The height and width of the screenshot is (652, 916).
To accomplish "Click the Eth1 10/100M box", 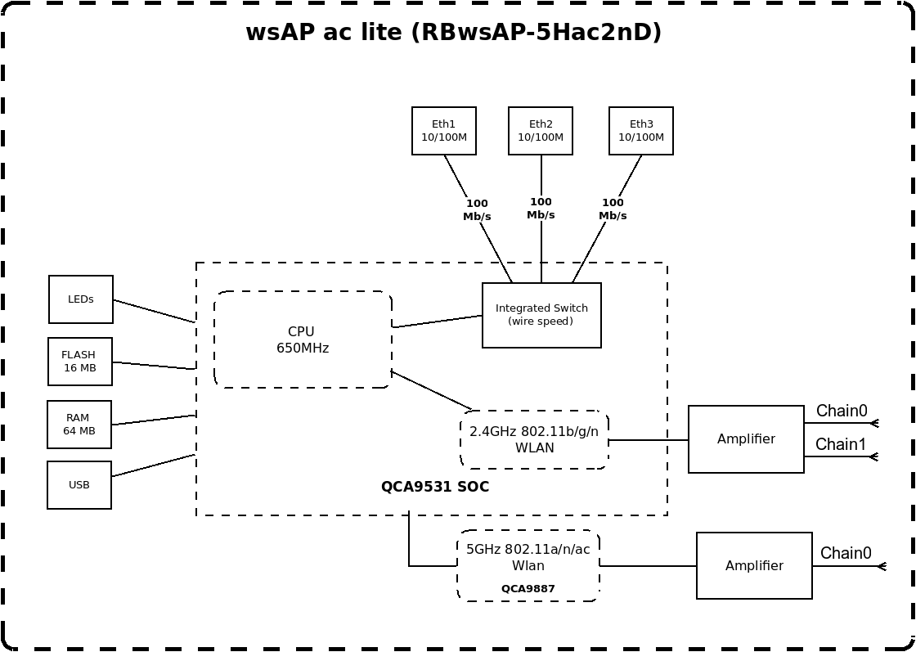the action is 444,131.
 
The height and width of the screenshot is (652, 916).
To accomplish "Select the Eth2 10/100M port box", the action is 541,131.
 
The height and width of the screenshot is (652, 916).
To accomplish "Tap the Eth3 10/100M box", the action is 641,131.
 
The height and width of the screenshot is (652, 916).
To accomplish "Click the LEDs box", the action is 81,299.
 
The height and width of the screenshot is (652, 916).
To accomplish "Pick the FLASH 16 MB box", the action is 80,362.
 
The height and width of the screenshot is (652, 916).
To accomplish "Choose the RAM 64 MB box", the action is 79,425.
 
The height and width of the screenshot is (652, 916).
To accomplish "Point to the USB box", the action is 79,485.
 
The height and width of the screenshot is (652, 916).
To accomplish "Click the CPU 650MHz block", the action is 303,339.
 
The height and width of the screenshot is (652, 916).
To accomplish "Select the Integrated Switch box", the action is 541,316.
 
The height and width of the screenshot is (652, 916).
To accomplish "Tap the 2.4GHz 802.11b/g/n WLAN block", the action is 534,440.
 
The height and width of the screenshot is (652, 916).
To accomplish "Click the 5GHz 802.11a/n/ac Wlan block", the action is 528,565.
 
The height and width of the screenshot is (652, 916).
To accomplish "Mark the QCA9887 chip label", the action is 528,588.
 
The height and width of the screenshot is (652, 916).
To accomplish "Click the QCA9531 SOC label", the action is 434,487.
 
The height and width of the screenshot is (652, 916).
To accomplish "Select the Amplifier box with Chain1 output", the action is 746,439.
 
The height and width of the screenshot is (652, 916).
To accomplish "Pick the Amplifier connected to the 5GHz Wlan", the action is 754,565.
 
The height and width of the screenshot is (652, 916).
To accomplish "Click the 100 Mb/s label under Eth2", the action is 541,208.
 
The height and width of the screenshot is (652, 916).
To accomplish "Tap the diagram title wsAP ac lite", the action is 453,32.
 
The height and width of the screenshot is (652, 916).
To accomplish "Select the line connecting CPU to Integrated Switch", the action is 437,322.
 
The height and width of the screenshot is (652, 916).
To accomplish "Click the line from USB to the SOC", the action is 153,465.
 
